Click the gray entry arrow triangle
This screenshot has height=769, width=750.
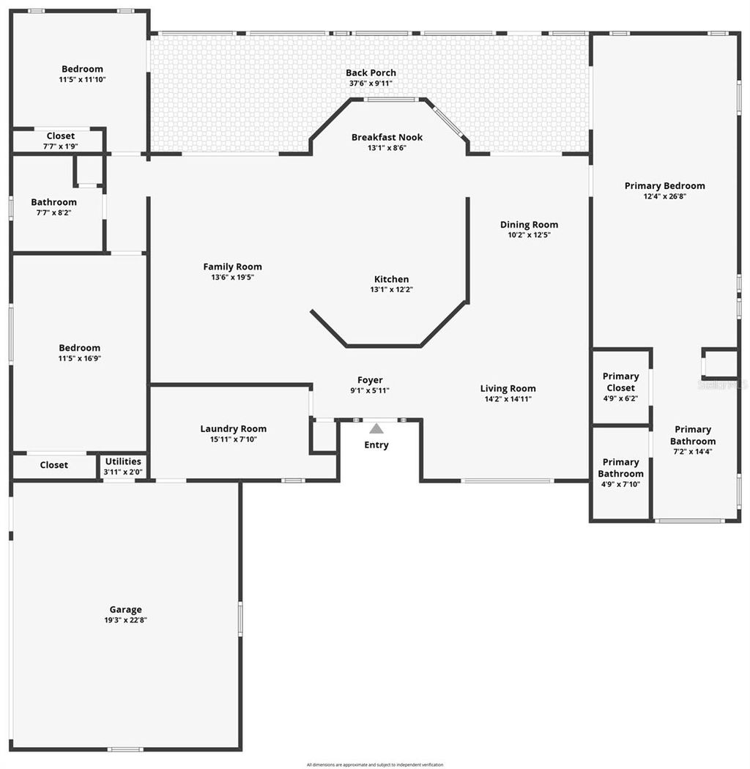coord(376,428)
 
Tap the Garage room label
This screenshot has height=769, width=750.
coord(126,609)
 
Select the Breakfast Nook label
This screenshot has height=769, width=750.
coord(387,137)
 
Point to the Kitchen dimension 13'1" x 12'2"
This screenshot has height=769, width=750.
coord(392,289)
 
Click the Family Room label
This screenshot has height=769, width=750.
coord(232,267)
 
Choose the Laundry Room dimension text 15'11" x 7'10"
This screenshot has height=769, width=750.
coord(234,439)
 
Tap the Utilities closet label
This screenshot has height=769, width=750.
coord(123,461)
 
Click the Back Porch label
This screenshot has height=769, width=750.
coord(371,73)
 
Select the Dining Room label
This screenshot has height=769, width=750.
coord(529,225)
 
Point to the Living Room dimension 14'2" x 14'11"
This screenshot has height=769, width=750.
coord(508,399)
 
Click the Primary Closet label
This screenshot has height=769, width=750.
coord(620,382)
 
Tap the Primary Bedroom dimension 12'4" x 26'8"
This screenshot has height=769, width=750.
coord(664,196)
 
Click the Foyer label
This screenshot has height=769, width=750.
coord(370,379)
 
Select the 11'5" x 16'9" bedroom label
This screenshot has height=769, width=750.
coord(80,348)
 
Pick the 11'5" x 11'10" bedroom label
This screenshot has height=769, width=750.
coord(82,69)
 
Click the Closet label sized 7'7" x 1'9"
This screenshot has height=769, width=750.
coord(60,136)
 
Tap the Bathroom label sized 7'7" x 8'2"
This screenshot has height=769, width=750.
coord(53,202)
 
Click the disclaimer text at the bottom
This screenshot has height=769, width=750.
coord(375,765)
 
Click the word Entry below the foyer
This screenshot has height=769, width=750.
coord(376,445)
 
